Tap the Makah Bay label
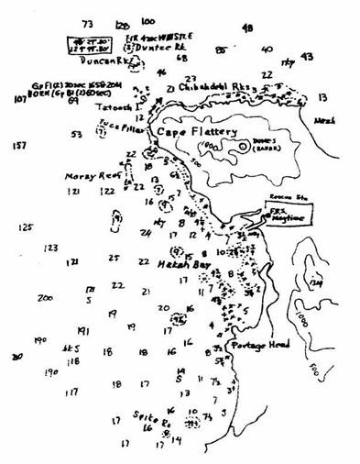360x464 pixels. point(174,264)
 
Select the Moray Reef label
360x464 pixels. point(86,174)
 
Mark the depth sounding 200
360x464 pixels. point(45,298)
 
